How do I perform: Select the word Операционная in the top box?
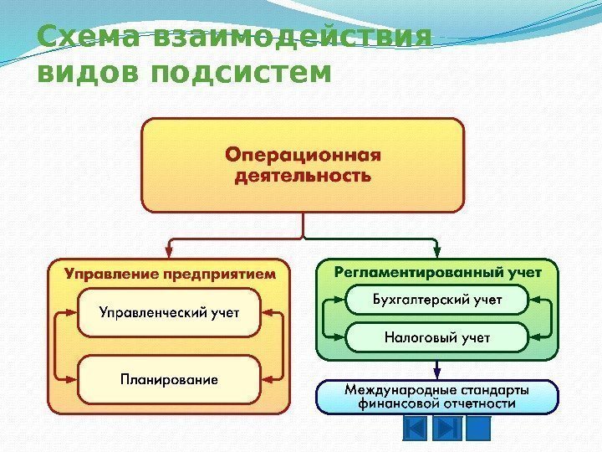pyautogui.click(x=303, y=155)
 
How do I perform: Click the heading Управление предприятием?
pyautogui.click(x=170, y=273)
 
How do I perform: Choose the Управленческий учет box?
pyautogui.click(x=170, y=312)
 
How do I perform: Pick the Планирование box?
pyautogui.click(x=170, y=379)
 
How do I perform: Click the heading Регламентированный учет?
pyautogui.click(x=438, y=272)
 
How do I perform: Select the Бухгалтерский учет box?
pyautogui.click(x=438, y=299)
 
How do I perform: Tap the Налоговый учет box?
pyautogui.click(x=438, y=337)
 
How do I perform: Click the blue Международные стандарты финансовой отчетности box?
pyautogui.click(x=437, y=396)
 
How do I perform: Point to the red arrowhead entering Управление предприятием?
pyautogui.click(x=170, y=252)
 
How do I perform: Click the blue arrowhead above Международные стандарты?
pyautogui.click(x=437, y=373)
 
